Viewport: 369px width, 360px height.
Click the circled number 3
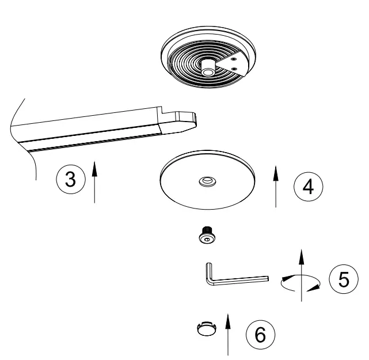70,179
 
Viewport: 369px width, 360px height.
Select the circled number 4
307,187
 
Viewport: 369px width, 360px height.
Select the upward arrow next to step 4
276,185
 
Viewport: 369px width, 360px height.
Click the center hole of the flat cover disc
206,182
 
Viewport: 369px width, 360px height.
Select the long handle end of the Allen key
259,278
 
